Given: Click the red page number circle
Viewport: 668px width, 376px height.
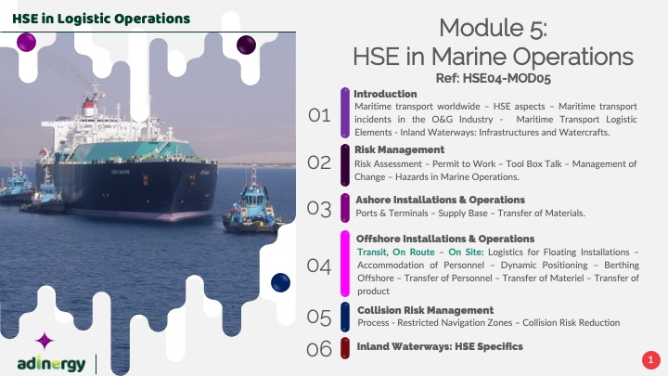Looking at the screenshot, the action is point(651,360).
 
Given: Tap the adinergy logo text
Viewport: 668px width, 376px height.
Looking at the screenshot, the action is point(51,364).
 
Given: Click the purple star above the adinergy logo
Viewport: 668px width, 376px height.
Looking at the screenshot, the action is point(45,341).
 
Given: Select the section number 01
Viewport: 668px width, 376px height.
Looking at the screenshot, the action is point(319,115).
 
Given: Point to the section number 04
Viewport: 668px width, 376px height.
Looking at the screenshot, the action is point(319,266).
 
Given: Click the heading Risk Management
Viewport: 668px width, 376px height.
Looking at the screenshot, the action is point(399,149).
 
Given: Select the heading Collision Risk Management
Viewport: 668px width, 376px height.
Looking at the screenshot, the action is point(425,310).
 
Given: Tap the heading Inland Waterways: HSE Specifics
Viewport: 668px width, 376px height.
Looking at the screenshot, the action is point(440,346).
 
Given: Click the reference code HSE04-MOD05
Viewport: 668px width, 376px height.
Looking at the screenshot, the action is point(507,78).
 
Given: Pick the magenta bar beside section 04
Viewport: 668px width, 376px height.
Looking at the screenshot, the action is point(345,264).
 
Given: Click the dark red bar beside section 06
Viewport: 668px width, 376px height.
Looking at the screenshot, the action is point(345,348).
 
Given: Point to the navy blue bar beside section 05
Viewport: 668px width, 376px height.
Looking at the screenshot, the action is point(345,317).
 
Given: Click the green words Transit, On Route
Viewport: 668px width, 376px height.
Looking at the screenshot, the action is point(396,252).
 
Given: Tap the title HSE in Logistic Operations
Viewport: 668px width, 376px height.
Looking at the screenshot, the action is point(101,19).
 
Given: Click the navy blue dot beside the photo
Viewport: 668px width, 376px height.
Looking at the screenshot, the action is point(280,282).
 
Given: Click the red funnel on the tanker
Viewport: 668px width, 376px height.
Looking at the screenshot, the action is point(89,107).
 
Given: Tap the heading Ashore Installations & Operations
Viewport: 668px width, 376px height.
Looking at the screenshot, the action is point(440,200).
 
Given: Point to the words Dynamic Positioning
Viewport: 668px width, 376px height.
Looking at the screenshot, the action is point(544,266).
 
